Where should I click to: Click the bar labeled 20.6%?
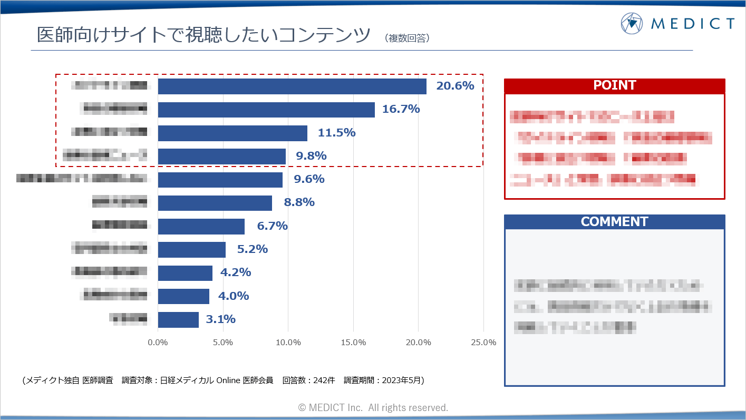(292, 86)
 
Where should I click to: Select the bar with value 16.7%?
(266, 110)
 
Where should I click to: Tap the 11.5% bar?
(232, 133)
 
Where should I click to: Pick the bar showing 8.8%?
(215, 203)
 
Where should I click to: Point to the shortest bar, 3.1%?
(178, 319)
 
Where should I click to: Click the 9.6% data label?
(309, 179)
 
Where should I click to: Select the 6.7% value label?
(272, 226)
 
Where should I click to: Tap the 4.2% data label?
(236, 272)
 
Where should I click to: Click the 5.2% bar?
(192, 249)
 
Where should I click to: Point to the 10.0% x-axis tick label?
(288, 343)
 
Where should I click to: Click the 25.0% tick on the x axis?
(483, 343)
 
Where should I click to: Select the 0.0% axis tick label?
(158, 343)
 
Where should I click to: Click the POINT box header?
(614, 85)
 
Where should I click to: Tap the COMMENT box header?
(614, 222)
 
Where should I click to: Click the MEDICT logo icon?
(632, 23)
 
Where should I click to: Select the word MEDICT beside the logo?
(693, 24)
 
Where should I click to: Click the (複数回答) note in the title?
(408, 38)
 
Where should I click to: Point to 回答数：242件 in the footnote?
(308, 380)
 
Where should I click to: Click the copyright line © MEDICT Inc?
(373, 407)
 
